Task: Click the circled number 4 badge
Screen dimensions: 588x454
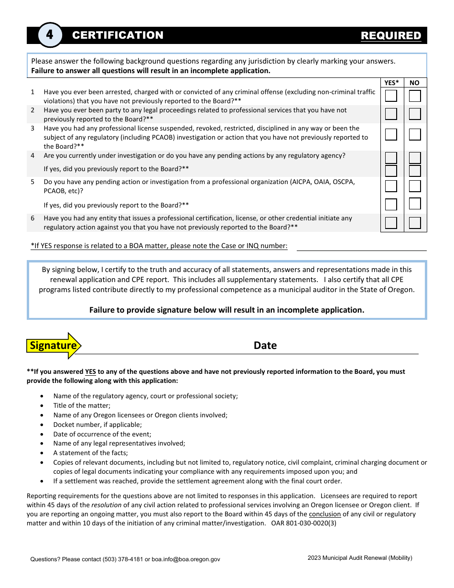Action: (50, 35)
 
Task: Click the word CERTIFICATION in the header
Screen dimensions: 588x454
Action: (118, 35)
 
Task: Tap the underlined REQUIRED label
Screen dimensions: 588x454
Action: (391, 36)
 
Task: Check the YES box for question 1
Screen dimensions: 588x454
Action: (391, 96)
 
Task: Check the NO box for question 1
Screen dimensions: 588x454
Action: (415, 96)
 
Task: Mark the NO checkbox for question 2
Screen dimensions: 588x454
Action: (415, 114)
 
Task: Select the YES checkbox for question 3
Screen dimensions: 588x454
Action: (391, 134)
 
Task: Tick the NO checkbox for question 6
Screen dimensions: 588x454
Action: (415, 223)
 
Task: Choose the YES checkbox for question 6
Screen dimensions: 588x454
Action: (391, 223)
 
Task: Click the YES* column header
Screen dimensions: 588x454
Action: (392, 83)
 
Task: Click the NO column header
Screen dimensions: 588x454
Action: (414, 83)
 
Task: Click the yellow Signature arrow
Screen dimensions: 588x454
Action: (54, 346)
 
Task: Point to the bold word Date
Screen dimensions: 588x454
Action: (265, 346)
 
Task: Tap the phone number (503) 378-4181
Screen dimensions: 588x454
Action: (123, 559)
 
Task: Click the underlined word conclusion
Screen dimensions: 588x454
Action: (325, 514)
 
